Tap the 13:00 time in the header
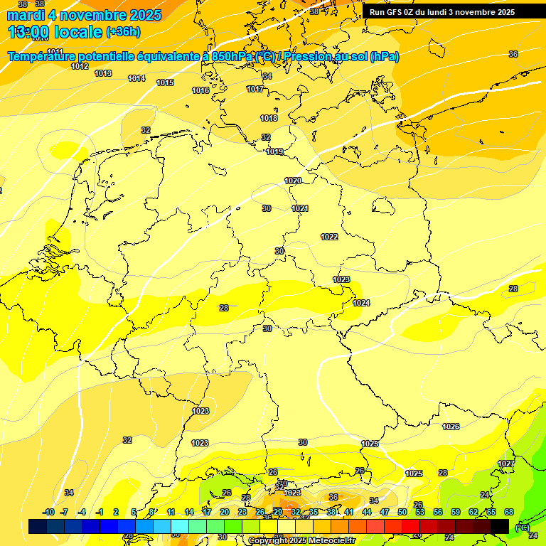click(28, 32)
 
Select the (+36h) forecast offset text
click(123, 32)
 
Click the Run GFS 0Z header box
click(441, 12)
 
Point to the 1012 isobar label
click(80, 66)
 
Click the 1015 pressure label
click(165, 83)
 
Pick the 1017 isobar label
click(255, 89)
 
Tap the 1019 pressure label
click(274, 151)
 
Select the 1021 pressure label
click(300, 208)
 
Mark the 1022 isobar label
click(329, 237)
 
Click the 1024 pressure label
click(361, 303)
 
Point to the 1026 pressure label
click(451, 427)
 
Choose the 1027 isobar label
click(505, 464)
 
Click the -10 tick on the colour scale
click(48, 512)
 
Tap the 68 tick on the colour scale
click(509, 512)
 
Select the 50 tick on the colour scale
click(402, 512)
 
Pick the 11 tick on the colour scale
click(171, 512)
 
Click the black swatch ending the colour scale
click(500, 526)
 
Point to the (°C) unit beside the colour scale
click(521, 527)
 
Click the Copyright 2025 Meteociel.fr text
click(301, 540)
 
